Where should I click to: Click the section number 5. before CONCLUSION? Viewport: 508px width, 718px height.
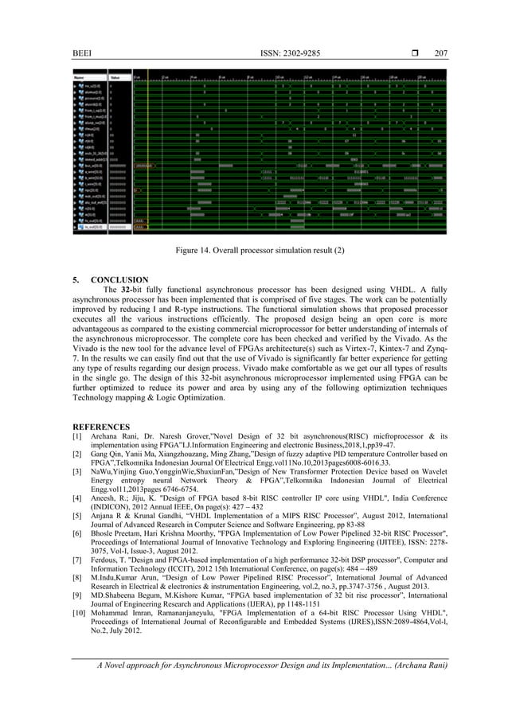click(76, 280)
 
